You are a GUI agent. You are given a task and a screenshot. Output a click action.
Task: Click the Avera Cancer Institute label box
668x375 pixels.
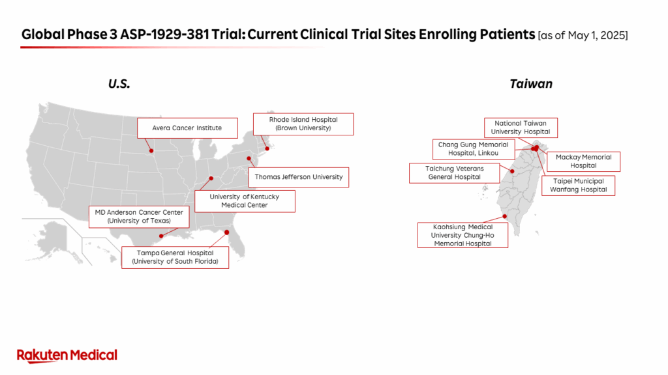pos(187,128)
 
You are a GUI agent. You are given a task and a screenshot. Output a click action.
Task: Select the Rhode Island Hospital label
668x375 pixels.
pos(303,124)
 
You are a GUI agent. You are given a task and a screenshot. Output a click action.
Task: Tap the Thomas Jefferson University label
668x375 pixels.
pos(299,177)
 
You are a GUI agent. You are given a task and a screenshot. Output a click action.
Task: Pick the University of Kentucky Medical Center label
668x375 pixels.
pos(245,201)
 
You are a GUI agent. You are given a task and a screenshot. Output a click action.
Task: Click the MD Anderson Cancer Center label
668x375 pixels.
pos(139,217)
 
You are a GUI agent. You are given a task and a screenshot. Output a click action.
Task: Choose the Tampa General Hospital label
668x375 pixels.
pos(175,257)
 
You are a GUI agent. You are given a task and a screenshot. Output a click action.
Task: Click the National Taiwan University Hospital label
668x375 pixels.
pos(521,128)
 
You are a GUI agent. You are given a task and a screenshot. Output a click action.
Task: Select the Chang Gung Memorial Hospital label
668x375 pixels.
pos(474,149)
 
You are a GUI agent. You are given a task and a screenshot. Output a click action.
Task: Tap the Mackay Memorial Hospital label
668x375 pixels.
pos(583,161)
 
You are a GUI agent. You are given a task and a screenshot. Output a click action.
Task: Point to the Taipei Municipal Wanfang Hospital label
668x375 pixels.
pos(578,186)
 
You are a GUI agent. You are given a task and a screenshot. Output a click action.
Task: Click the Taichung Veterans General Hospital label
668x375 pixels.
pos(454,173)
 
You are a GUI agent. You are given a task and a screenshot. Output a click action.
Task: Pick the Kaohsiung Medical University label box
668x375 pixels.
pos(463,235)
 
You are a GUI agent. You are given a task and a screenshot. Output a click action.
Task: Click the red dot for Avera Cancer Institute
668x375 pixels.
pos(151,151)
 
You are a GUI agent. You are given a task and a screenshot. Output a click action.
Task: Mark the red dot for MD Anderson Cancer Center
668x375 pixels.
pos(161,236)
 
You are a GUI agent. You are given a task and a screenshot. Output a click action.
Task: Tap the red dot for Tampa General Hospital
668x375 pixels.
pos(226,232)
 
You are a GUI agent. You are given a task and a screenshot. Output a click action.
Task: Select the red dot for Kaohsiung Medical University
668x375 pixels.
pos(505,216)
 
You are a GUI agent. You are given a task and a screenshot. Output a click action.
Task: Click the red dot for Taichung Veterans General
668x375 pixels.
pos(512,171)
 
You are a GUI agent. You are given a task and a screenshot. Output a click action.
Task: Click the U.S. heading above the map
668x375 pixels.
pos(119,84)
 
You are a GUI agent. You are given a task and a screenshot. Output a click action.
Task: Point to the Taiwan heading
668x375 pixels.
pos(531,84)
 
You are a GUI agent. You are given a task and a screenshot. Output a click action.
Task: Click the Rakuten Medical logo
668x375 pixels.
pos(67,356)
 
